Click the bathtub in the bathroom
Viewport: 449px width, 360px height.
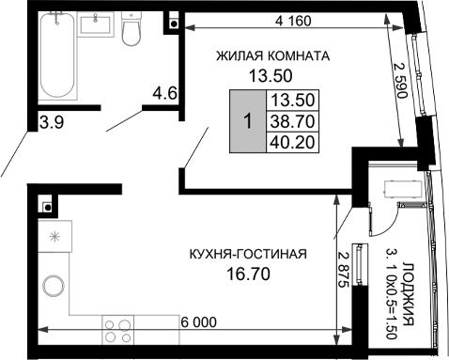click(x=57, y=55)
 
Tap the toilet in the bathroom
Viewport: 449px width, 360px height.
click(x=131, y=29)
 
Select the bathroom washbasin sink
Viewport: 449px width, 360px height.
click(x=96, y=24)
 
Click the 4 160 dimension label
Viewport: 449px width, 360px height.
click(x=293, y=21)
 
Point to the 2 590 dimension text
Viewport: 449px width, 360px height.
click(x=400, y=80)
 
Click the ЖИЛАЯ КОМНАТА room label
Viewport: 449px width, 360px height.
click(x=272, y=56)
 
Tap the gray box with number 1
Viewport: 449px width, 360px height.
click(x=248, y=121)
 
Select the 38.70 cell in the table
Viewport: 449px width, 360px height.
click(x=292, y=121)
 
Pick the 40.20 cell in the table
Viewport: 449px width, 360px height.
click(x=292, y=142)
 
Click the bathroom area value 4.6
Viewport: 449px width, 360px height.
click(x=165, y=93)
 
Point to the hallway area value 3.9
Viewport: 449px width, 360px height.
click(x=52, y=122)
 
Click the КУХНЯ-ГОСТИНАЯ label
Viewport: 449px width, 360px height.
click(x=248, y=254)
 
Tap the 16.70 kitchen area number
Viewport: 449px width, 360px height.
click(x=248, y=274)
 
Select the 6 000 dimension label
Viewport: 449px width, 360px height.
click(x=199, y=322)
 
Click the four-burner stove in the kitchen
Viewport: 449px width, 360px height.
click(x=117, y=331)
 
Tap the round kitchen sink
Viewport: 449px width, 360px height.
click(x=54, y=286)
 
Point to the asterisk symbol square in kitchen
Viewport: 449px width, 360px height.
click(x=55, y=236)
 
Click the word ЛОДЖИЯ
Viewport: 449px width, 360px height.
click(x=408, y=294)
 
